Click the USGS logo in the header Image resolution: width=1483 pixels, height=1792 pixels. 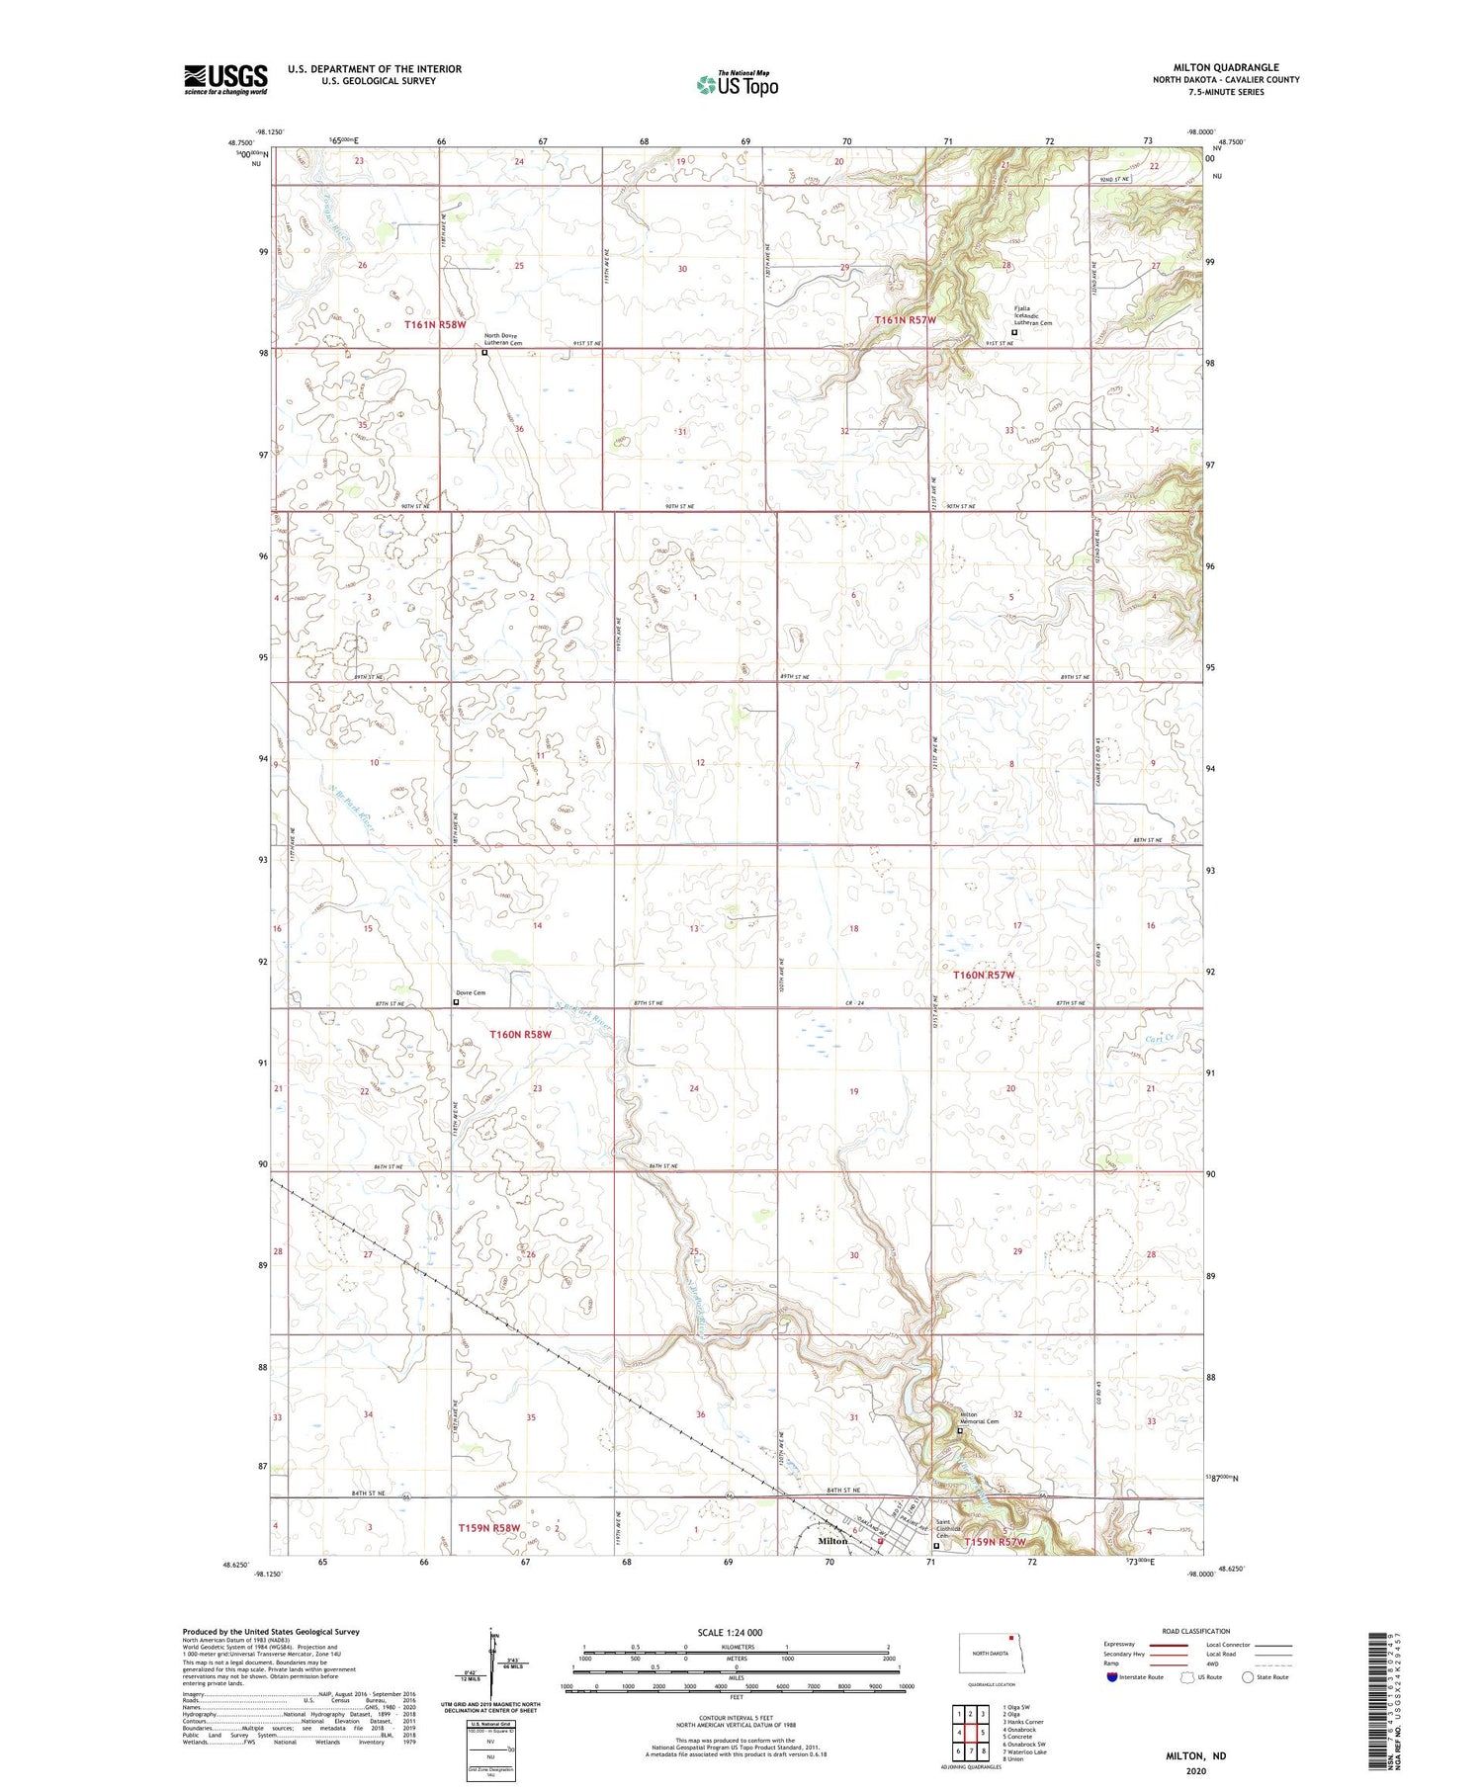tap(225, 79)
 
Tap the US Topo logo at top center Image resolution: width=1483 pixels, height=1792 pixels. tap(737, 85)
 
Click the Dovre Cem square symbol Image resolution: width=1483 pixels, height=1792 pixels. tap(456, 1001)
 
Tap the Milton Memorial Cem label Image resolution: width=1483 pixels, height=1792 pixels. tap(980, 1418)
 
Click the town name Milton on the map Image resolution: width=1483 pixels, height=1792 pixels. tap(832, 1541)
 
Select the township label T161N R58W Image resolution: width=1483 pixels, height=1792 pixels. tap(434, 324)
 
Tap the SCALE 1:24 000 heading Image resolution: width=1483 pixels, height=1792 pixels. tap(736, 1633)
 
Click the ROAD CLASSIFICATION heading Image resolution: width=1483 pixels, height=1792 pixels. tap(1196, 1631)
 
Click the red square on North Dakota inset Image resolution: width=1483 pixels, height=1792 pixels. tap(1011, 1636)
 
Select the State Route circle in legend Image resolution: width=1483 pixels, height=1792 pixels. tap(1248, 1677)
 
